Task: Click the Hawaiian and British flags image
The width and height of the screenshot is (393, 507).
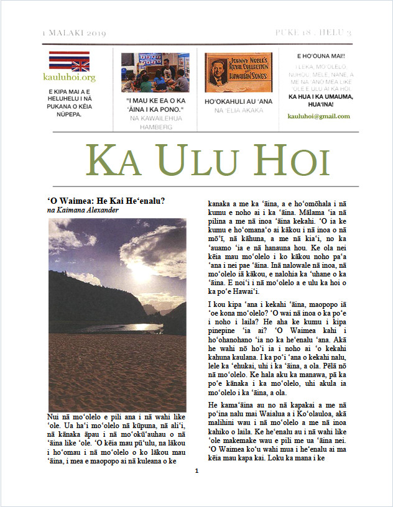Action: coord(69,61)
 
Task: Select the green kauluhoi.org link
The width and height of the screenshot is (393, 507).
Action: coord(70,78)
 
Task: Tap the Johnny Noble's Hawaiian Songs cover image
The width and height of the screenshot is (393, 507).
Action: coord(238,72)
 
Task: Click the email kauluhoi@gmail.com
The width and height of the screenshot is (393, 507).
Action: coord(318,116)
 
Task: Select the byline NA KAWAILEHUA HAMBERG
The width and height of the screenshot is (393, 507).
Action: coord(155,122)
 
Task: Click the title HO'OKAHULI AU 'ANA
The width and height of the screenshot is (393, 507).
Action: coord(238,101)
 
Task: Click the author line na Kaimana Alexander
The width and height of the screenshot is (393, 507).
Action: coord(83,210)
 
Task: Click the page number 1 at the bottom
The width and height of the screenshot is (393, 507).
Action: coord(196,488)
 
